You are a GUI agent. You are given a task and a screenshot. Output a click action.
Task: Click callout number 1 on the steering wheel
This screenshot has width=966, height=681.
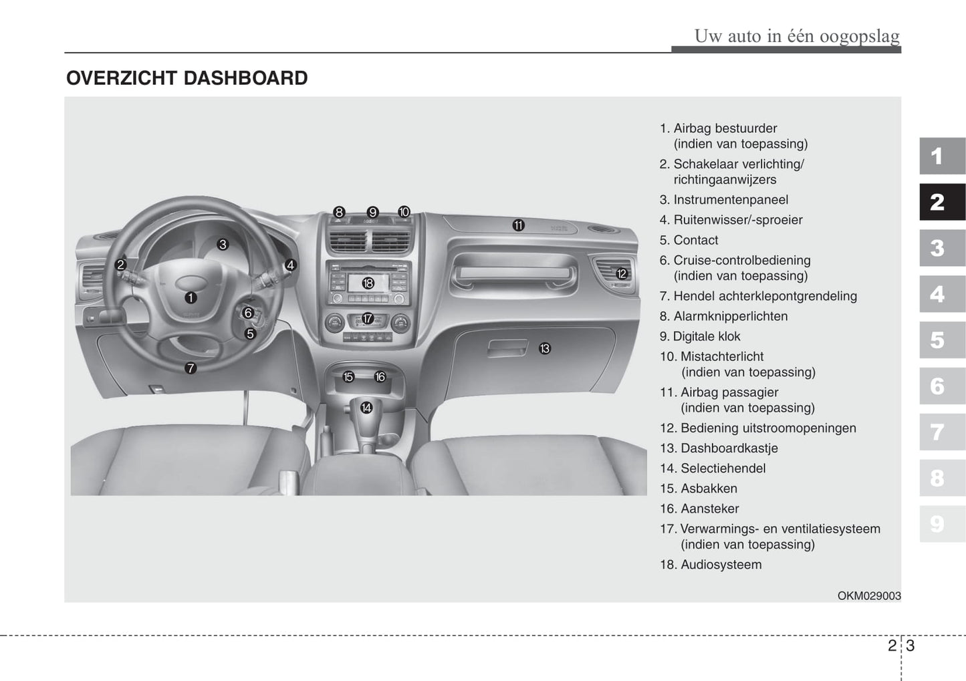coord(191,298)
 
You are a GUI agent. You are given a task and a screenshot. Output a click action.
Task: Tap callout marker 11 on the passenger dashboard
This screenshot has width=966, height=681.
coord(518,226)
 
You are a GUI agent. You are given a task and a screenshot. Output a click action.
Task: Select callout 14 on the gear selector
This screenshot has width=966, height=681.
coord(366,408)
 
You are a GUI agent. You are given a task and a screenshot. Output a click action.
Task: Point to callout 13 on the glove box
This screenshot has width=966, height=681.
coord(545,348)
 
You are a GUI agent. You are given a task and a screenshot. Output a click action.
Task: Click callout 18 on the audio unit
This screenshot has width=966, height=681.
coord(368,283)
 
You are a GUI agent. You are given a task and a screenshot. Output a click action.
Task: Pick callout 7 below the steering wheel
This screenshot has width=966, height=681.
coord(191,368)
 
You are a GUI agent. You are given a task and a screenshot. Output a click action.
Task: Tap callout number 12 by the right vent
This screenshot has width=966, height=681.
coord(622,273)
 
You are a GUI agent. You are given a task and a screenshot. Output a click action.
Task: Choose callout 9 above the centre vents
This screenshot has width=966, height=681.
coord(373,213)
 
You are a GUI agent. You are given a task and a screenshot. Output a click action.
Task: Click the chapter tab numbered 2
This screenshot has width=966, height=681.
coord(942,202)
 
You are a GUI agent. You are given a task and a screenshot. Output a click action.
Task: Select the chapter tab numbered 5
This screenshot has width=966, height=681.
coord(942,340)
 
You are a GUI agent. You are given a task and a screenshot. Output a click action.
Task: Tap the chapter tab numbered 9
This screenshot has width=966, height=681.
coord(942,524)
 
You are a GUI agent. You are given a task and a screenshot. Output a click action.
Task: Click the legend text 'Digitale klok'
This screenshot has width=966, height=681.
coord(707,337)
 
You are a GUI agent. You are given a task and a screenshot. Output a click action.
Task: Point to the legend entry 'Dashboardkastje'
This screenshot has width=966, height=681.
coord(729,448)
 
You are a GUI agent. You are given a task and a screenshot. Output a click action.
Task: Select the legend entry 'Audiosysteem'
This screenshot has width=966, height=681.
coord(721,565)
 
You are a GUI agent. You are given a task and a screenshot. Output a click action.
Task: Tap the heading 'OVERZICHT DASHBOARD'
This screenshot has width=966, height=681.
coord(187,78)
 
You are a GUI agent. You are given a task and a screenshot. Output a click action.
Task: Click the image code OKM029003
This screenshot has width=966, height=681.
coord(869,596)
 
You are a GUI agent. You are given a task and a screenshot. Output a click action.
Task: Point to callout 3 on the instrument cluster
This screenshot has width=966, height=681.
coord(223,245)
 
